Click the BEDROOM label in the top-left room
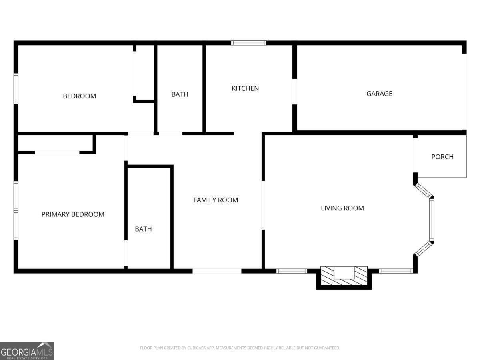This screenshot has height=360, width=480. (x=79, y=96)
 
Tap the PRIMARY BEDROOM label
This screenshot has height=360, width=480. (x=73, y=214)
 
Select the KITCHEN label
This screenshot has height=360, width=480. (x=245, y=88)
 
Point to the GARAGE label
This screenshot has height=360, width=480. (x=379, y=94)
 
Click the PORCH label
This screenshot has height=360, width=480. (x=442, y=157)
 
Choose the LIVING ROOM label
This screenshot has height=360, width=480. (x=342, y=208)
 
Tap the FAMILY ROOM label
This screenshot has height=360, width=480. (x=216, y=200)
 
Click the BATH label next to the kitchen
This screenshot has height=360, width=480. (x=180, y=94)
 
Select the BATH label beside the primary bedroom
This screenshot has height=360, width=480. (x=143, y=229)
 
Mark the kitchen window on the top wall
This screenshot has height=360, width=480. (x=248, y=43)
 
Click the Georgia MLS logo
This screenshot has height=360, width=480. (x=27, y=351)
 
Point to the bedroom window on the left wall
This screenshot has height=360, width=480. (x=16, y=89)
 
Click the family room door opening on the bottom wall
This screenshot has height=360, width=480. (x=217, y=271)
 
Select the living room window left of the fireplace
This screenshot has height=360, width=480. (x=292, y=271)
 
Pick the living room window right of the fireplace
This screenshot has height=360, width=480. (x=395, y=271)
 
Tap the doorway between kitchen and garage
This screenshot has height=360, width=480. (x=295, y=92)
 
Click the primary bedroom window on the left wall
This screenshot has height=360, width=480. (x=16, y=210)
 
